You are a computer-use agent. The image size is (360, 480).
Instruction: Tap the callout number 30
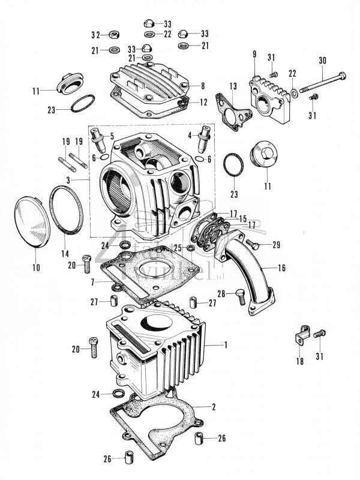coord(323,61)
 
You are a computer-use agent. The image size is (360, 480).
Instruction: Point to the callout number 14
coord(65,254)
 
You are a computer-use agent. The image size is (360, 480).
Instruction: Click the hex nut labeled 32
coord(112,34)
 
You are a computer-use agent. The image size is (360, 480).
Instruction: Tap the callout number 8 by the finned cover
coord(203,86)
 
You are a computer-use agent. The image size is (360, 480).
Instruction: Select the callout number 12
coord(203,103)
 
